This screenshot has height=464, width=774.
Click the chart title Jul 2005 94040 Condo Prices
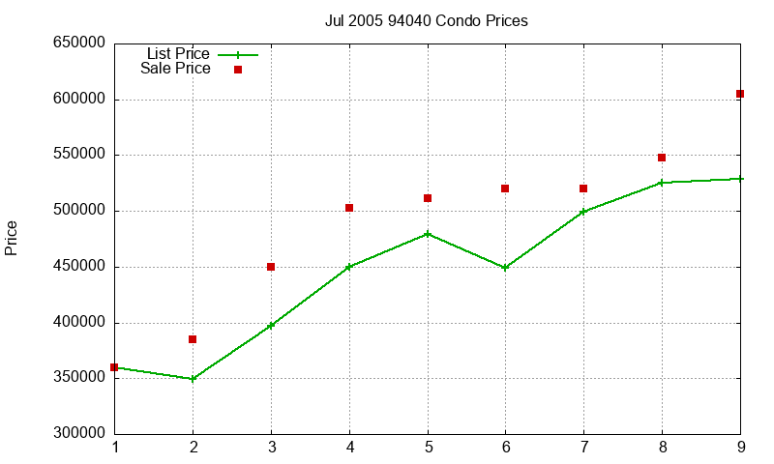pyautogui.click(x=426, y=20)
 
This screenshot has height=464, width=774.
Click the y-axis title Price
pyautogui.click(x=12, y=238)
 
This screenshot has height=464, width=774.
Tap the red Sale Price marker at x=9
pyautogui.click(x=740, y=94)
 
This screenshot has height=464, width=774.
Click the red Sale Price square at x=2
pyautogui.click(x=193, y=339)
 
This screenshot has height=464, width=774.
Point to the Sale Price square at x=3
pyautogui.click(x=271, y=267)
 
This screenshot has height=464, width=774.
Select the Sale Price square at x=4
pyautogui.click(x=349, y=208)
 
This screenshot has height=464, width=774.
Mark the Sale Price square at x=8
pyautogui.click(x=662, y=158)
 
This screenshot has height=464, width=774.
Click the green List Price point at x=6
pyautogui.click(x=505, y=268)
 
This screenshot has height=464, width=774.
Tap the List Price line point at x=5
pyautogui.click(x=428, y=234)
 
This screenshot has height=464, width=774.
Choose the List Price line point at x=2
pyautogui.click(x=193, y=379)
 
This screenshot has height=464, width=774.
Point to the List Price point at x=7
pyautogui.click(x=583, y=212)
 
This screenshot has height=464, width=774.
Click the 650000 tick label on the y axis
pyautogui.click(x=77, y=43)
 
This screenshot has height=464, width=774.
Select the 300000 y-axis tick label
pyautogui.click(x=77, y=434)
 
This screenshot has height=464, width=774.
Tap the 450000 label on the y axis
pyautogui.click(x=77, y=267)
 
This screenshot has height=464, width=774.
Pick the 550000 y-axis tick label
pyautogui.click(x=77, y=155)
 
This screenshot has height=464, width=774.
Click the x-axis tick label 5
pyautogui.click(x=428, y=448)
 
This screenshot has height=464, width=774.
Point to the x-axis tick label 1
pyautogui.click(x=115, y=448)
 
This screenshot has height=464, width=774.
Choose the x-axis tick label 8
pyautogui.click(x=662, y=448)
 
